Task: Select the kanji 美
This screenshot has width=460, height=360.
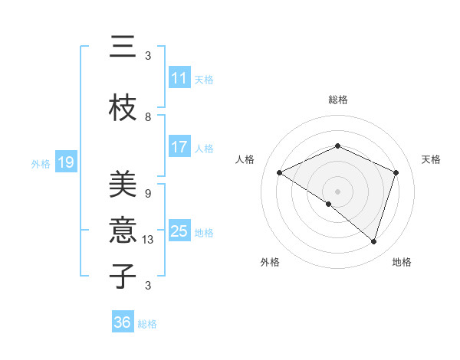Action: [x=123, y=185]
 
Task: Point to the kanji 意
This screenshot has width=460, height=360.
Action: [x=123, y=229]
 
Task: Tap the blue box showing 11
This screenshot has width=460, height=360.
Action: [x=179, y=78]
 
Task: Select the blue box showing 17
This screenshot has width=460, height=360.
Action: [x=179, y=147]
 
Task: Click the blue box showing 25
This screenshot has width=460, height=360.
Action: [x=179, y=231]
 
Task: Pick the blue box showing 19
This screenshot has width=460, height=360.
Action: [x=66, y=162]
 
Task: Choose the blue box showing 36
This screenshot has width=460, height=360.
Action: [x=123, y=322]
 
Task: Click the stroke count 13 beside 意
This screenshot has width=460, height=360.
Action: [x=149, y=240]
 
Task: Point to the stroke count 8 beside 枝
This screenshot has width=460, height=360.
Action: [x=148, y=117]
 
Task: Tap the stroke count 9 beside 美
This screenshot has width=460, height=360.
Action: [x=148, y=194]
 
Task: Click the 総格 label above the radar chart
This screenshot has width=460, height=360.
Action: [x=338, y=100]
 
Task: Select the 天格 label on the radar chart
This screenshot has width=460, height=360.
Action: [x=431, y=159]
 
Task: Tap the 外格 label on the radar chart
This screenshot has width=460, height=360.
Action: [x=270, y=262]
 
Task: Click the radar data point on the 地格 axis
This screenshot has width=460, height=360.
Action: [x=374, y=242]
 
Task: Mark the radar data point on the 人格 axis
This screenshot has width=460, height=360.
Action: [x=280, y=173]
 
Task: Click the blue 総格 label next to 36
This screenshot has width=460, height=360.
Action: [x=148, y=324]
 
